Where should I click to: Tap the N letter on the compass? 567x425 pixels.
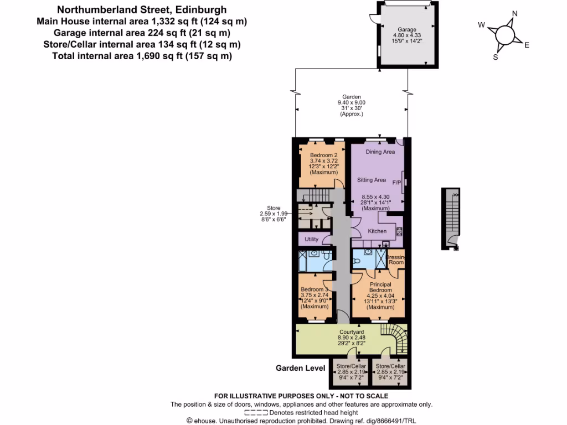pos(514,14)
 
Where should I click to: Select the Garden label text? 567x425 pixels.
pos(351,97)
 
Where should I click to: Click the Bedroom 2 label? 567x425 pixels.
pos(323,155)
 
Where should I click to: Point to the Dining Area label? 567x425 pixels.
pos(380,152)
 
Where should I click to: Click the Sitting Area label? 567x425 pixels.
pos(371,180)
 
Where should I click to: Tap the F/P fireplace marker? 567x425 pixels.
pos(396,182)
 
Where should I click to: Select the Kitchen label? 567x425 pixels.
pos(378,231)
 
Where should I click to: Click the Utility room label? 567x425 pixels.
pos(312,239)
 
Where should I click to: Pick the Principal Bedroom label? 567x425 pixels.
pos(380,287)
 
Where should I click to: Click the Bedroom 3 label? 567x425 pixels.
pos(315,289)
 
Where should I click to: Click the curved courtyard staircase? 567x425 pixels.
pos(395,339)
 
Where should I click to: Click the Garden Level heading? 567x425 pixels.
pos(301,367)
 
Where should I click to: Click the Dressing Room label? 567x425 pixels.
pos(396,260)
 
